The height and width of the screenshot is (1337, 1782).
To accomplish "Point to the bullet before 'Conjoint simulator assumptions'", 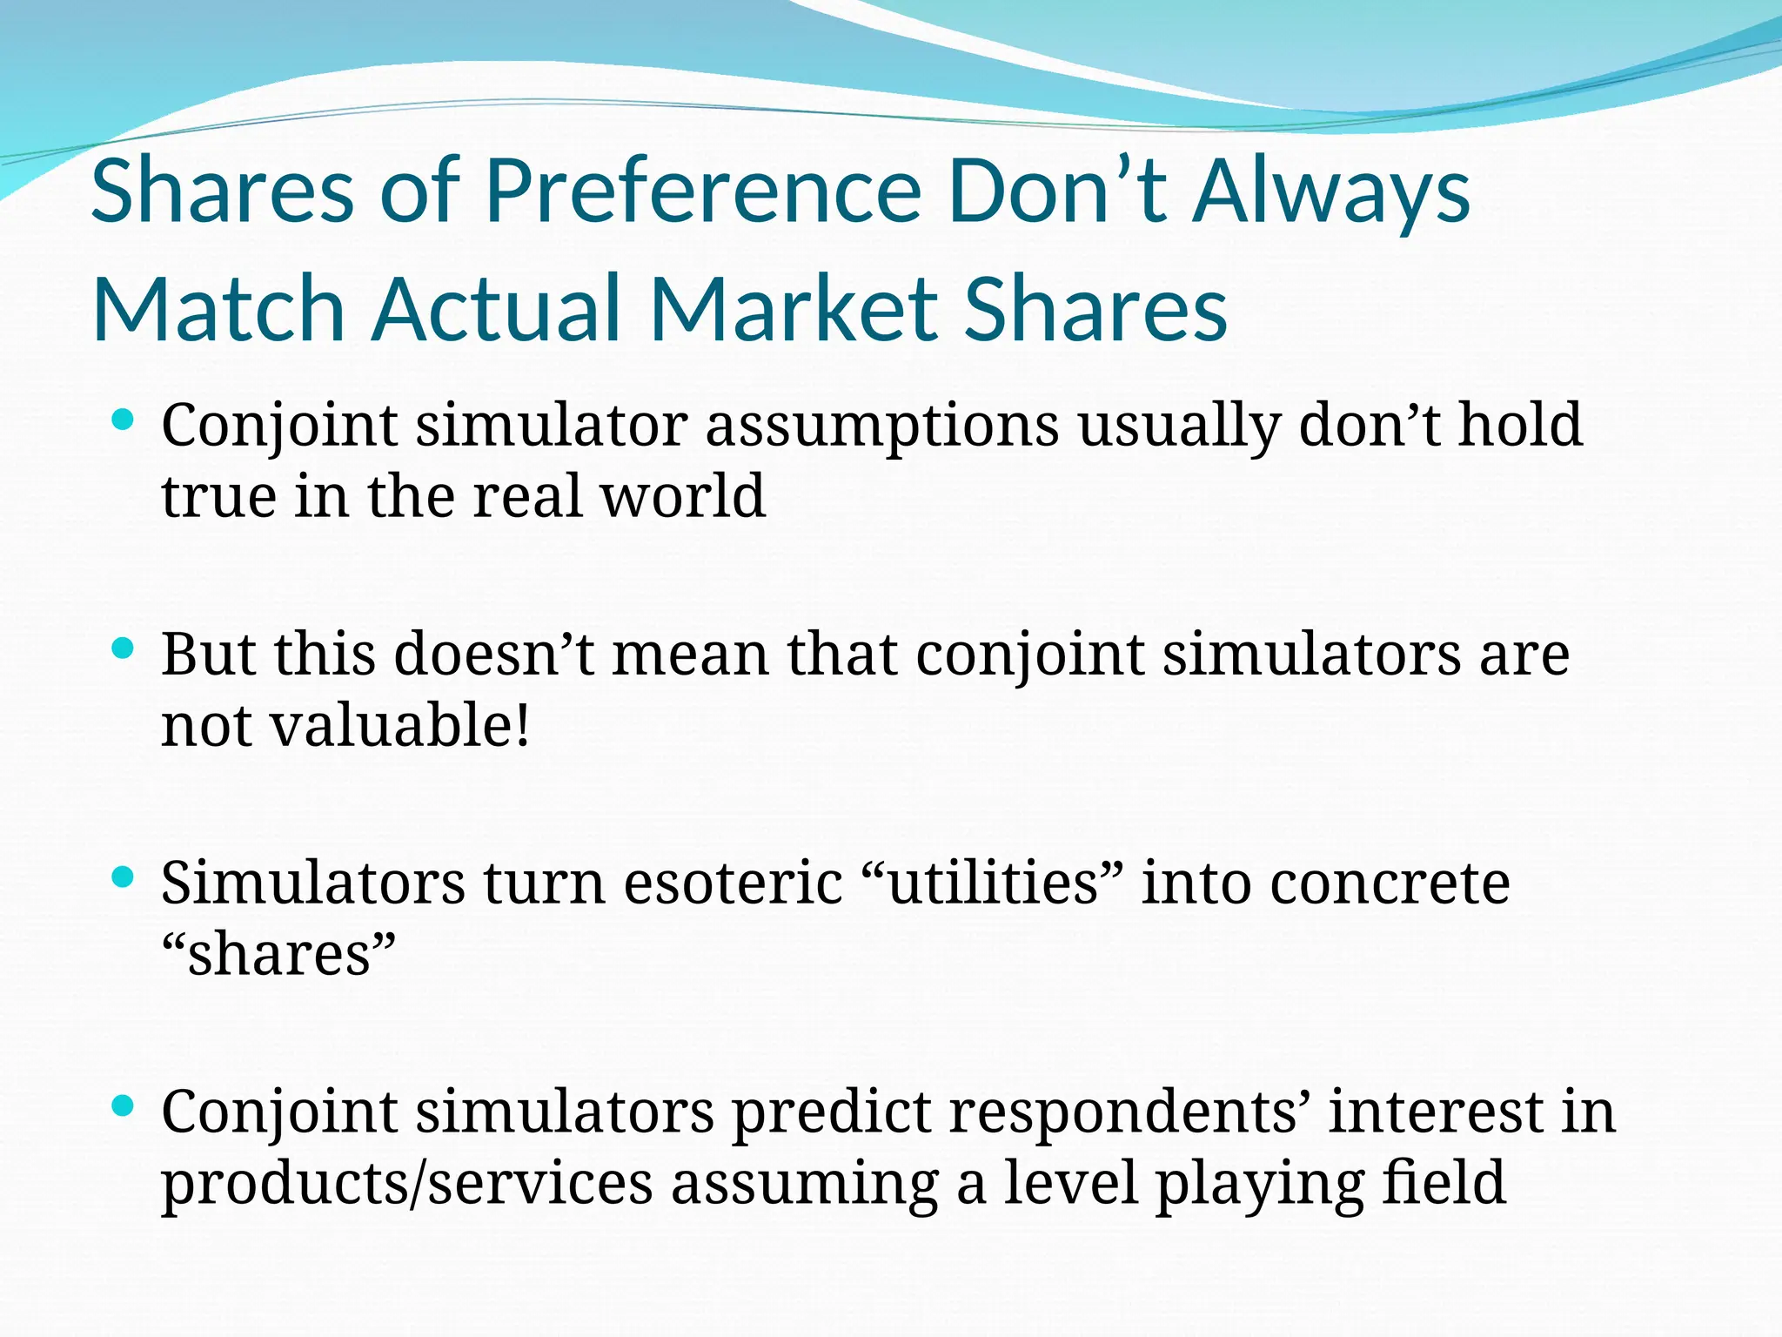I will tap(123, 420).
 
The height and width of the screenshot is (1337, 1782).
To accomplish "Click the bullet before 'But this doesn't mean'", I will tap(123, 648).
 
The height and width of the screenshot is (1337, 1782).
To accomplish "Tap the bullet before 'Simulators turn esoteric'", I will tap(123, 877).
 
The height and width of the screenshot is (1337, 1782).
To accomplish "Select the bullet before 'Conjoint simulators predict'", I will tap(123, 1105).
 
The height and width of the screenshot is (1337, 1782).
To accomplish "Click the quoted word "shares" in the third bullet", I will tap(278, 954).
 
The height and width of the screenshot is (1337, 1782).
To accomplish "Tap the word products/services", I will tap(406, 1184).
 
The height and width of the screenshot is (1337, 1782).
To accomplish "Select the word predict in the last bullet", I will tap(832, 1112).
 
